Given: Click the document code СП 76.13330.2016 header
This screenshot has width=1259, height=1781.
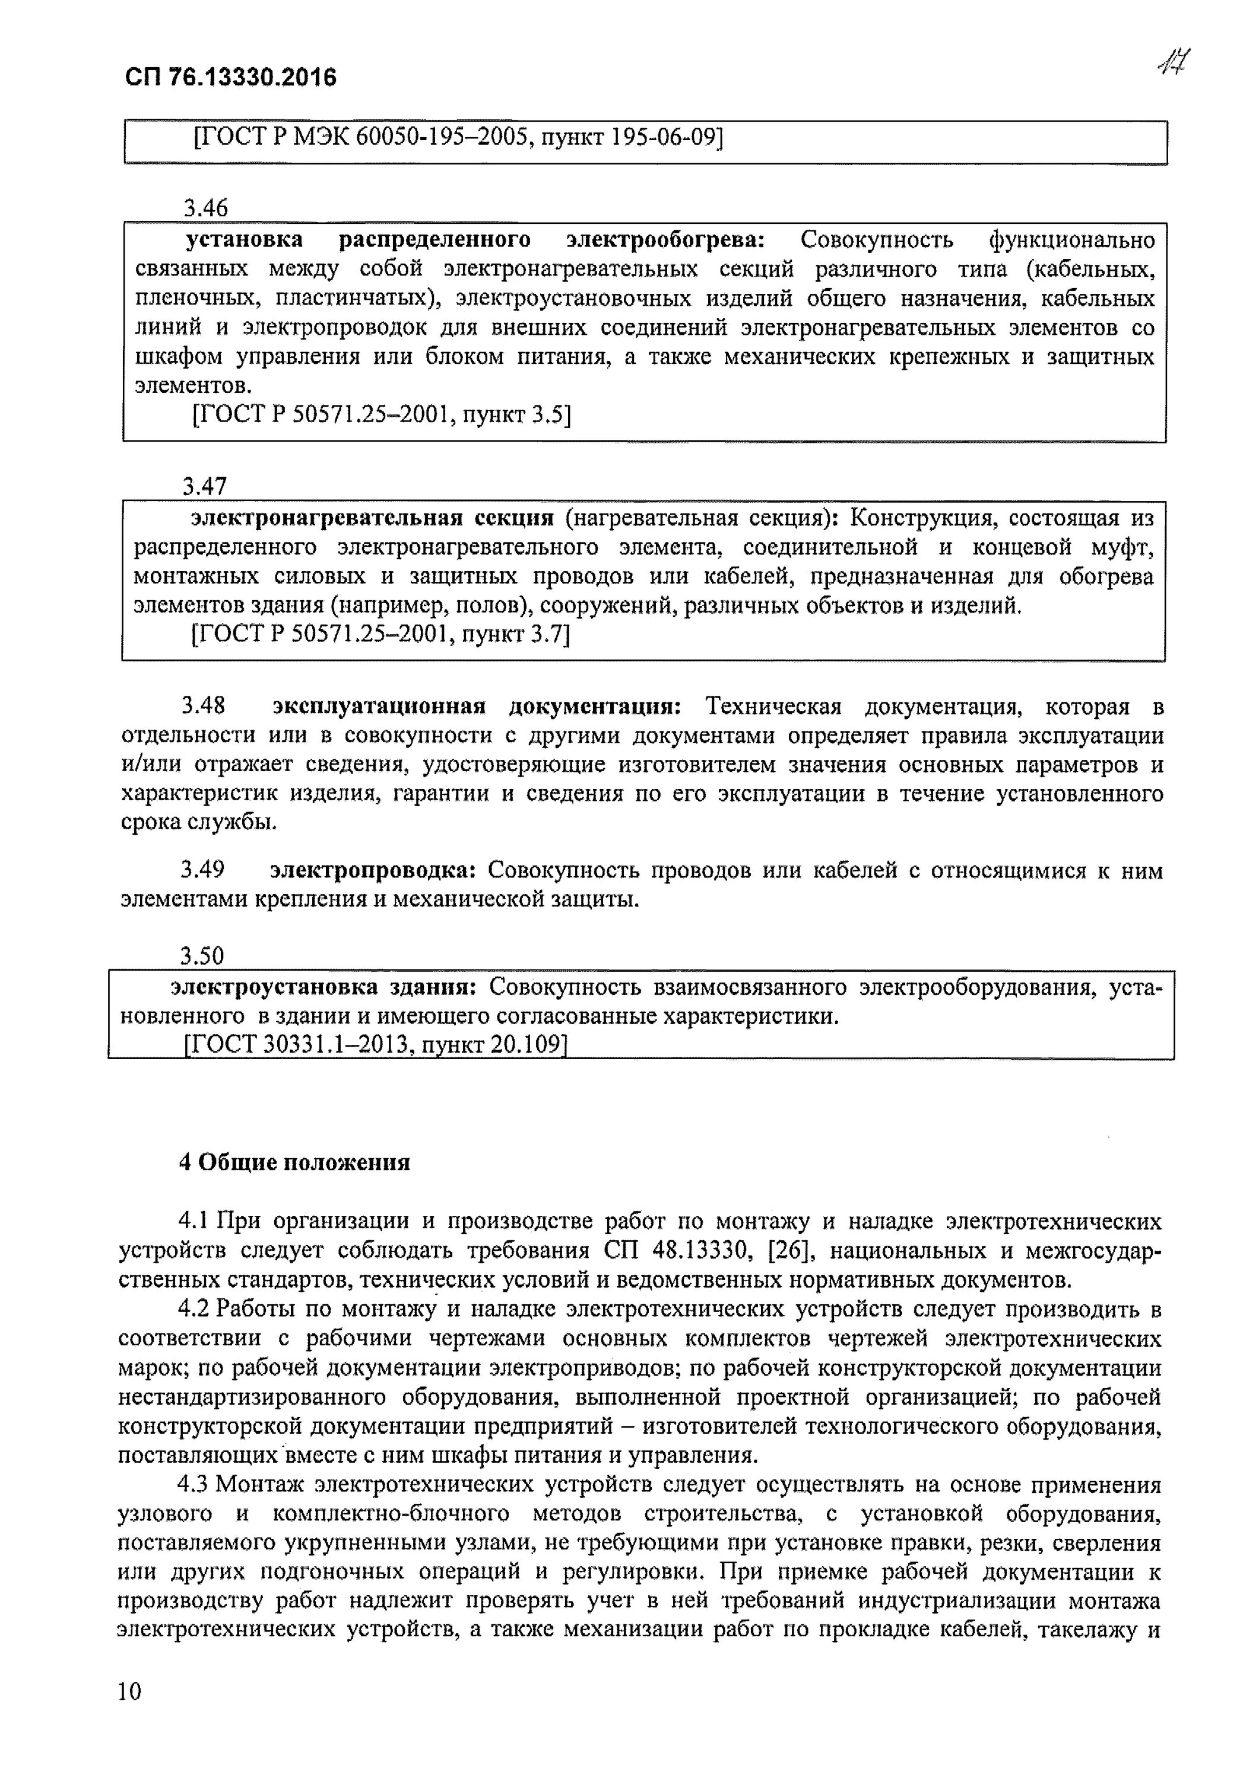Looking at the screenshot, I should [x=230, y=78].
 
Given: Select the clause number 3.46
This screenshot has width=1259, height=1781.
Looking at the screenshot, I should [x=205, y=208].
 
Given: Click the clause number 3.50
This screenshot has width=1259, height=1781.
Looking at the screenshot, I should [x=202, y=956].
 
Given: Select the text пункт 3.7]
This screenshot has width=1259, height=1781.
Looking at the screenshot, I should [x=516, y=635].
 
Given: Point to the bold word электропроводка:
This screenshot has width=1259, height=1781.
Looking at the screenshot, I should [x=372, y=870].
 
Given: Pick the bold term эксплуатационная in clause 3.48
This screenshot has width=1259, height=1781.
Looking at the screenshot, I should [x=379, y=706].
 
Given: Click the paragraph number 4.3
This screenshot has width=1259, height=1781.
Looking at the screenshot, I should [x=194, y=1484].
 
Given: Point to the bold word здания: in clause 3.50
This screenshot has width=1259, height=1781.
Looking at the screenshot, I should [x=432, y=987].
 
